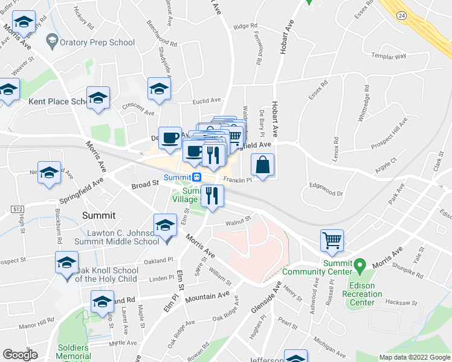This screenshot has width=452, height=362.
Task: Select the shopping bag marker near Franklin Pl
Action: tap(263, 165)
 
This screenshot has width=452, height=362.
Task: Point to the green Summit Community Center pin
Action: tap(360, 265)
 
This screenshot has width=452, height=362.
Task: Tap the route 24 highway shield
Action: tap(401, 14)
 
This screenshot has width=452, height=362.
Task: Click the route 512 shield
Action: tap(16, 209)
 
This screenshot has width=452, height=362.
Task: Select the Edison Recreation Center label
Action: tap(362, 294)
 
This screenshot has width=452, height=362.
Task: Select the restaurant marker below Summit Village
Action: tap(212, 197)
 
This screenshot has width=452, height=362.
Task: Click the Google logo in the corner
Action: tap(21, 355)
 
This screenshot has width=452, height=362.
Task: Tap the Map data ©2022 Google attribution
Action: tap(415, 357)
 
